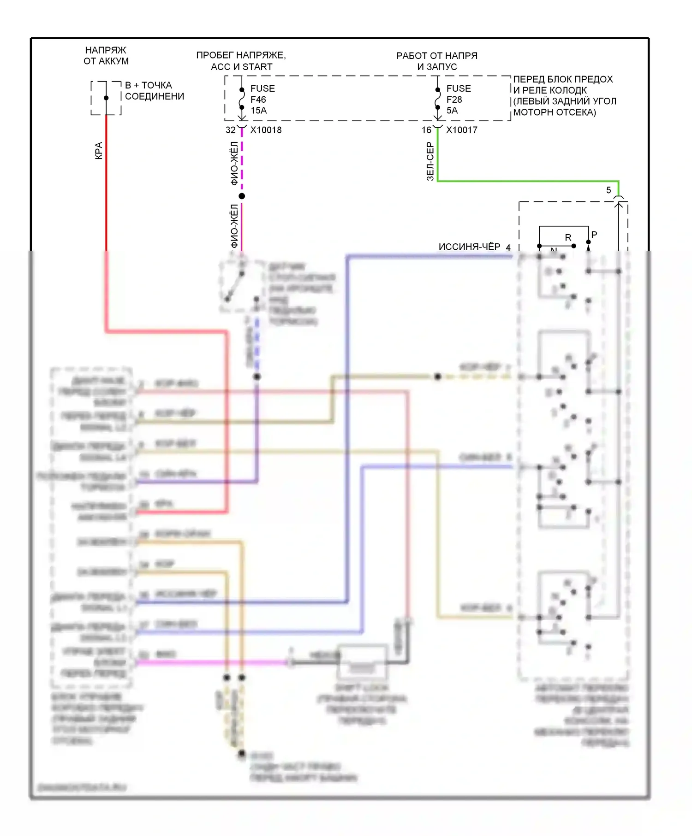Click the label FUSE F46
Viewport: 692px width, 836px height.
[x=262, y=94]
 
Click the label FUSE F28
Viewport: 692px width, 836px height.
[x=458, y=94]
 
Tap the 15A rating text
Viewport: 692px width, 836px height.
[x=258, y=111]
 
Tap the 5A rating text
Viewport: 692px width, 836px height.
[x=452, y=111]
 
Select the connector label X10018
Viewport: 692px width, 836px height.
[x=266, y=130]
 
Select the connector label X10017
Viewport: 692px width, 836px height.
[x=461, y=130]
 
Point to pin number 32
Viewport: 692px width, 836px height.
[x=230, y=130]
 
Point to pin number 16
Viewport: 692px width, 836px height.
[x=426, y=130]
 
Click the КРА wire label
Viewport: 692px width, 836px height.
[x=99, y=151]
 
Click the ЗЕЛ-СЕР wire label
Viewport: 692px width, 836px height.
[x=430, y=161]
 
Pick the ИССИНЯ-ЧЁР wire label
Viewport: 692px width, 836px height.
[x=469, y=247]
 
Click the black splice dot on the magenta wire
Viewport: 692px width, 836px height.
[x=242, y=196]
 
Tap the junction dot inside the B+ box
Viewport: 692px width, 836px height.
[x=106, y=98]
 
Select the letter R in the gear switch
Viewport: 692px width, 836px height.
[x=568, y=238]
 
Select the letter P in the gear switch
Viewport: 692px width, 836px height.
[x=594, y=235]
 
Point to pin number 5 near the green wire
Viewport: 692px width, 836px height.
[x=608, y=190]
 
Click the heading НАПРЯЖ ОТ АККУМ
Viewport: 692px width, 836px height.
[x=106, y=55]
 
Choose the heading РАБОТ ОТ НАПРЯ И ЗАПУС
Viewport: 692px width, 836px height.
[x=437, y=61]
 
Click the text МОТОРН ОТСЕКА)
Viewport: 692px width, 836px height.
[x=555, y=112]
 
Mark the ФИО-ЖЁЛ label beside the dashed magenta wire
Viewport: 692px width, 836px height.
[x=234, y=164]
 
